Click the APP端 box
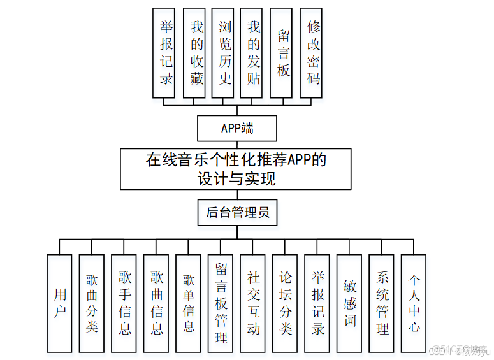pos(236,128)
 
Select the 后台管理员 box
pos(236,212)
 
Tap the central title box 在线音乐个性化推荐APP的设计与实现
pos(235,169)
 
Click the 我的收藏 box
pos(196,53)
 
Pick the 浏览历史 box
pos(225,53)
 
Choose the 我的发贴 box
pos(254,53)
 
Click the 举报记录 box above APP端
pos(166,53)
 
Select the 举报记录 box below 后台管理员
pos(317,303)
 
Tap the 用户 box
pos(60,303)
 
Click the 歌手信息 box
pos(124,303)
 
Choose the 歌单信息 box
pos(189,303)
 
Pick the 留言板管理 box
pos(221,303)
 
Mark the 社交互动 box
pos(253,303)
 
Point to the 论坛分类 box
pos(285,303)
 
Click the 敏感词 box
pos(349,303)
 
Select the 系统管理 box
pos(382,303)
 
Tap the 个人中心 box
pos(414,303)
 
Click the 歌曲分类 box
pos(92,303)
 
